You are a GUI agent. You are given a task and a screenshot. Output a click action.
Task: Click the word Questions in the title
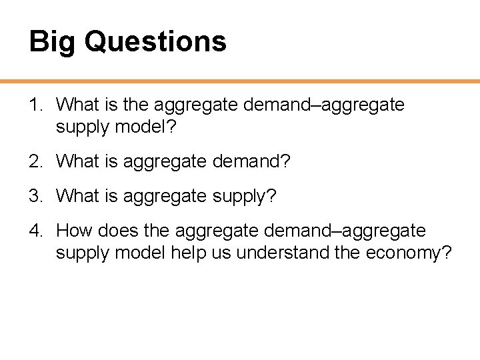[156, 41]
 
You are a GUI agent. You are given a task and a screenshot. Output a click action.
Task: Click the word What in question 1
[77, 105]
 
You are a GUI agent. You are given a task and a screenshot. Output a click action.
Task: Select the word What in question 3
[77, 196]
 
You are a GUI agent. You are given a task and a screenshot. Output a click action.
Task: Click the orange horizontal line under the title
[240, 81]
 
